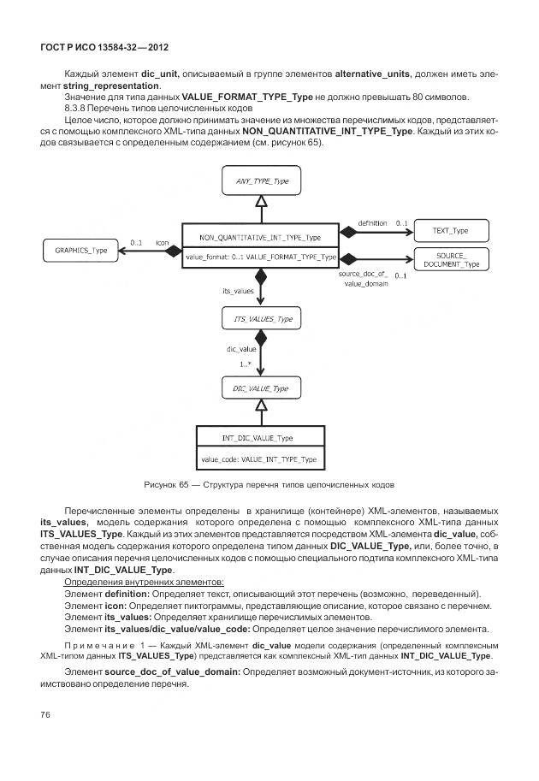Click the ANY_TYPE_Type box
(x=263, y=181)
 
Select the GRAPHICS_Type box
(x=81, y=251)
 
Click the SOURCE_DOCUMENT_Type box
(x=452, y=259)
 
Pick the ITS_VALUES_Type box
(x=263, y=318)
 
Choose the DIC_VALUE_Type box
(x=261, y=388)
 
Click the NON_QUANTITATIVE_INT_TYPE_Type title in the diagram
(x=259, y=237)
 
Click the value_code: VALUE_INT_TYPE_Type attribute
(x=258, y=459)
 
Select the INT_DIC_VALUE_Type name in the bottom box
(x=257, y=438)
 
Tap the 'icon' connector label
(x=162, y=243)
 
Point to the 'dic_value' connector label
(x=241, y=349)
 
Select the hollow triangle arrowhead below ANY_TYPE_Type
(x=263, y=201)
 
